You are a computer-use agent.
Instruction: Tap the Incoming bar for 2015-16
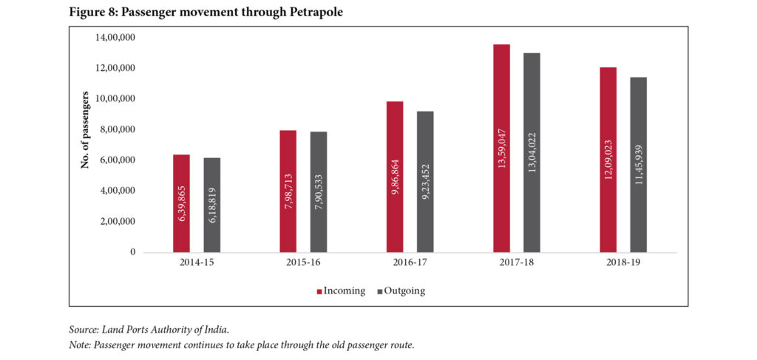[x=288, y=191]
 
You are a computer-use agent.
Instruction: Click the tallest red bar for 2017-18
[x=501, y=148]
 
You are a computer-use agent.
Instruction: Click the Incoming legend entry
[x=341, y=291]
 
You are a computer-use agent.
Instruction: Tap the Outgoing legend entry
[x=401, y=291]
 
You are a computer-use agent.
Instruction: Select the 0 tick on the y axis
[x=132, y=252]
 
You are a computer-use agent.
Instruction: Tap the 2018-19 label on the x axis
[x=623, y=263]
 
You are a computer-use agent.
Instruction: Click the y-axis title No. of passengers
[x=86, y=129]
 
